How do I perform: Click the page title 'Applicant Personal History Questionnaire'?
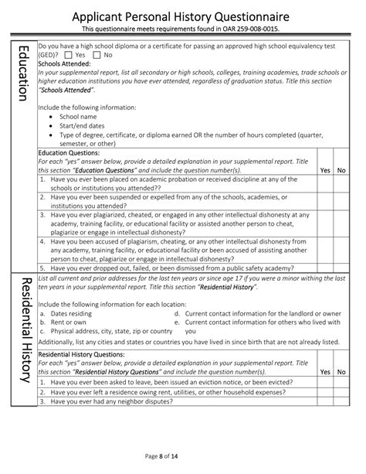pyautogui.click(x=182, y=15)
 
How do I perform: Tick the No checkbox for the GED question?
pyautogui.click(x=98, y=55)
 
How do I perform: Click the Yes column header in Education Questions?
pyautogui.click(x=325, y=169)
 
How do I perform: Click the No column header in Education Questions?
pyautogui.click(x=342, y=169)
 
